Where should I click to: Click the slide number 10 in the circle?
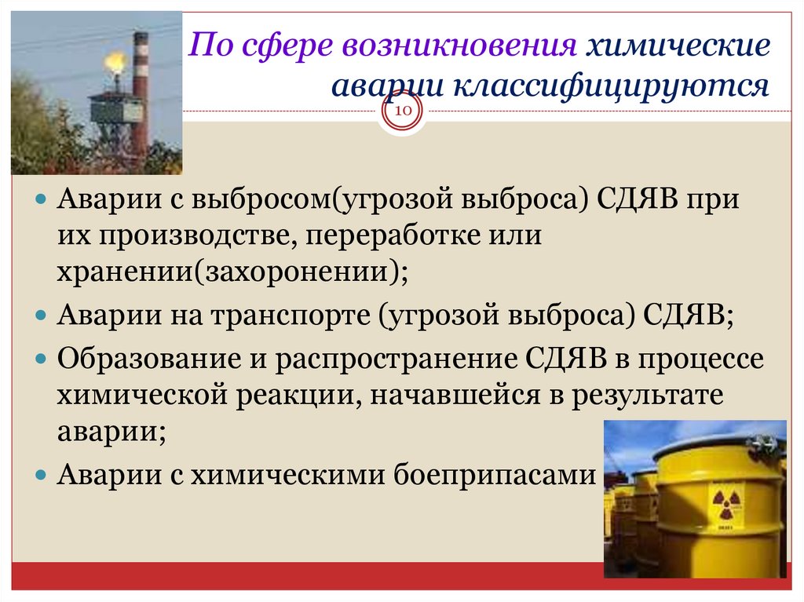pyautogui.click(x=403, y=112)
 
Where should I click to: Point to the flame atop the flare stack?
pyautogui.click(x=115, y=60)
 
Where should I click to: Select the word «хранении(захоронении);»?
pyautogui.click(x=232, y=272)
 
